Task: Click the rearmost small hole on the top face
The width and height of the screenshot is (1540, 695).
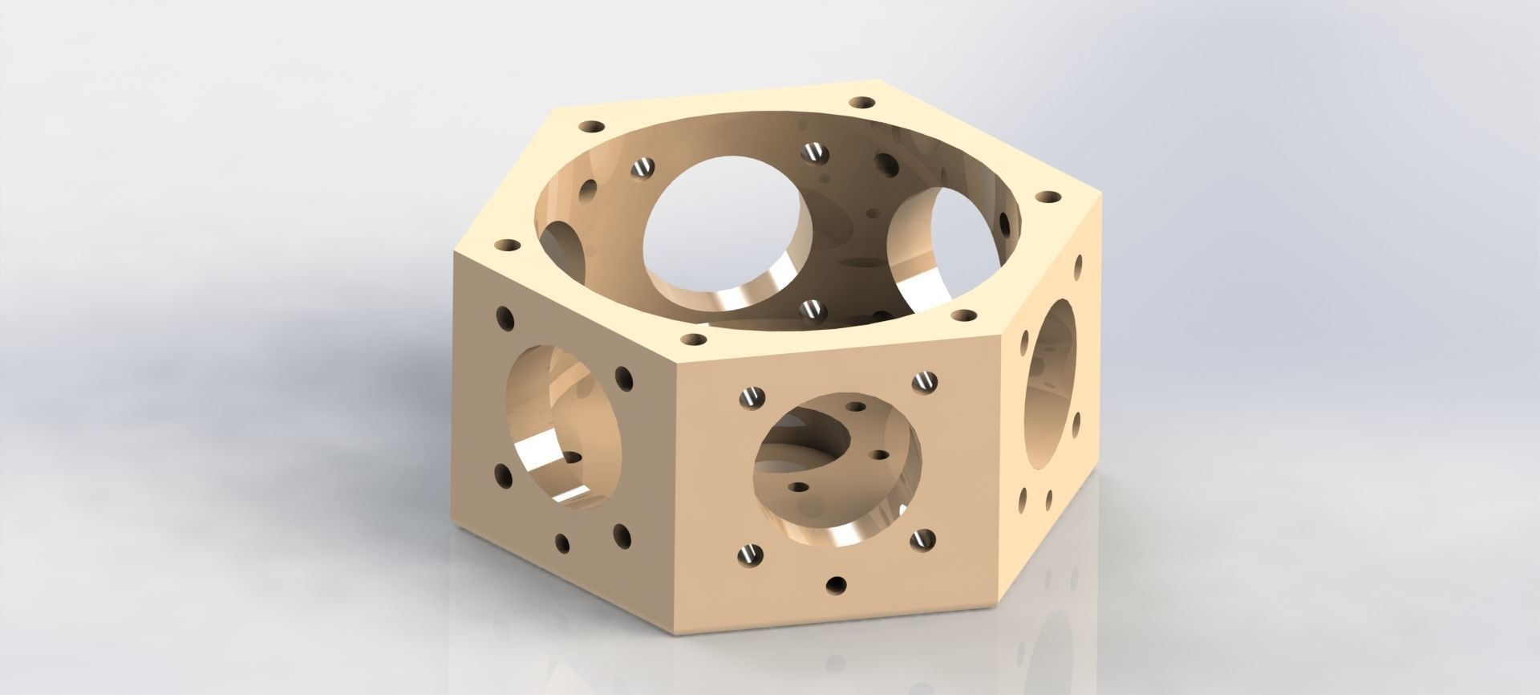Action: [x=863, y=104]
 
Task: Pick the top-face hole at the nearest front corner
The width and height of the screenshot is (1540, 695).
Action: [x=692, y=340]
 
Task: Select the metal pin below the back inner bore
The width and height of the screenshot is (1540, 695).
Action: [x=813, y=309]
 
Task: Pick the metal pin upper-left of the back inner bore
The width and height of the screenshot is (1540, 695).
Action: [x=643, y=168]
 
